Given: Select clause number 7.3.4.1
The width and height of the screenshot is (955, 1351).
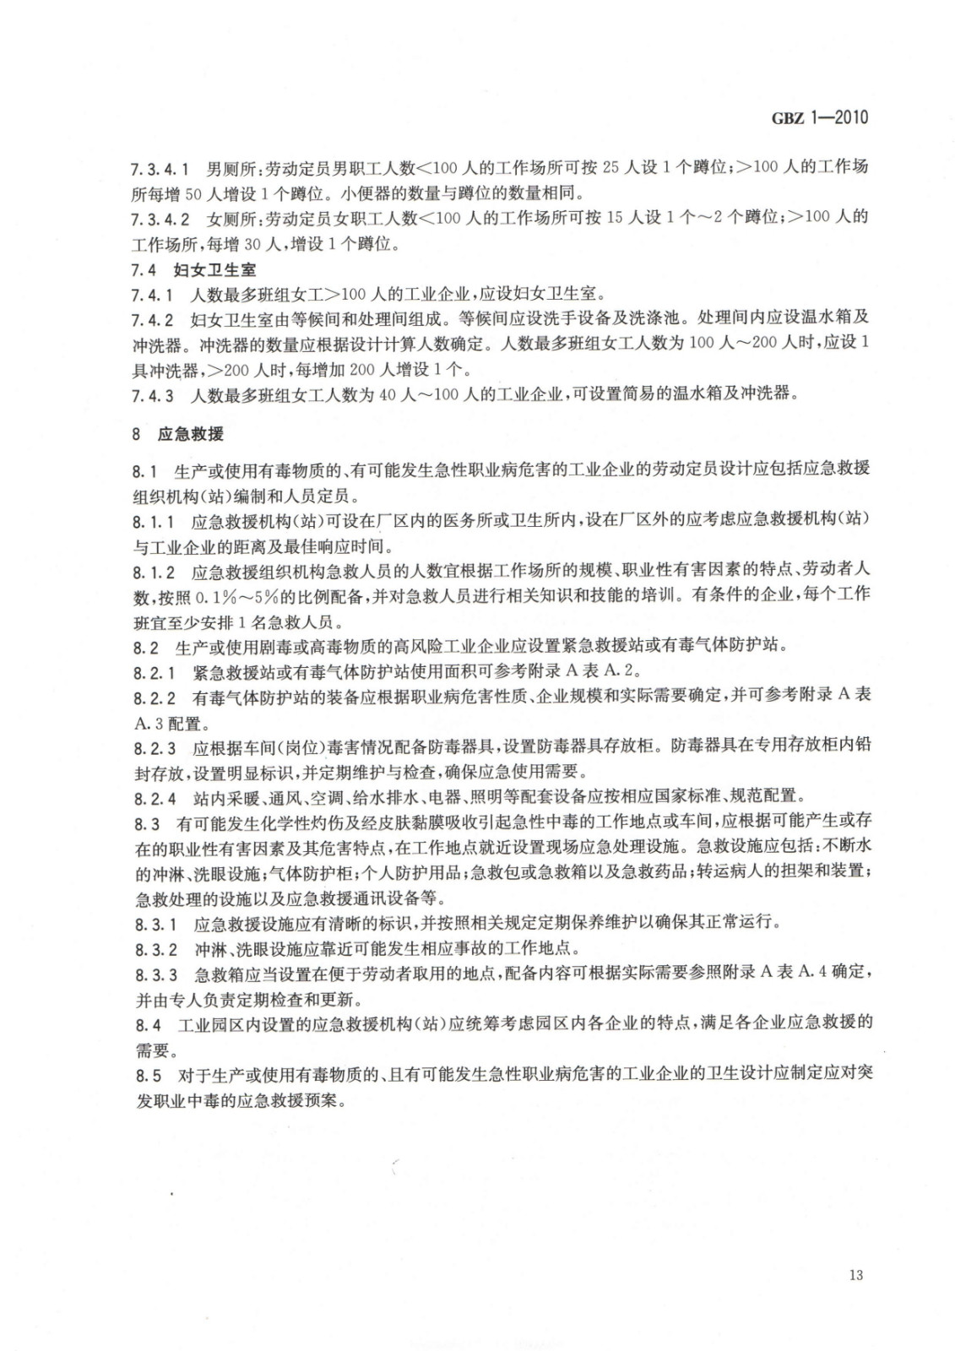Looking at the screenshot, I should pos(160,168).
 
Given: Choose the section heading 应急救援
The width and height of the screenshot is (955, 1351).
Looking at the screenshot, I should pos(190,434).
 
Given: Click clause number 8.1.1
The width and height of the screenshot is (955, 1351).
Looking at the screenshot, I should pos(153,521).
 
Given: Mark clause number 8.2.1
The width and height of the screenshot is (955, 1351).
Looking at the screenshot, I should pos(154,672).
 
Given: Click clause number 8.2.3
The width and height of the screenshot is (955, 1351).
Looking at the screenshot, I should pos(154,747).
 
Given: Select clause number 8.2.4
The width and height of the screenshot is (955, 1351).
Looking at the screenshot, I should pos(154,797).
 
